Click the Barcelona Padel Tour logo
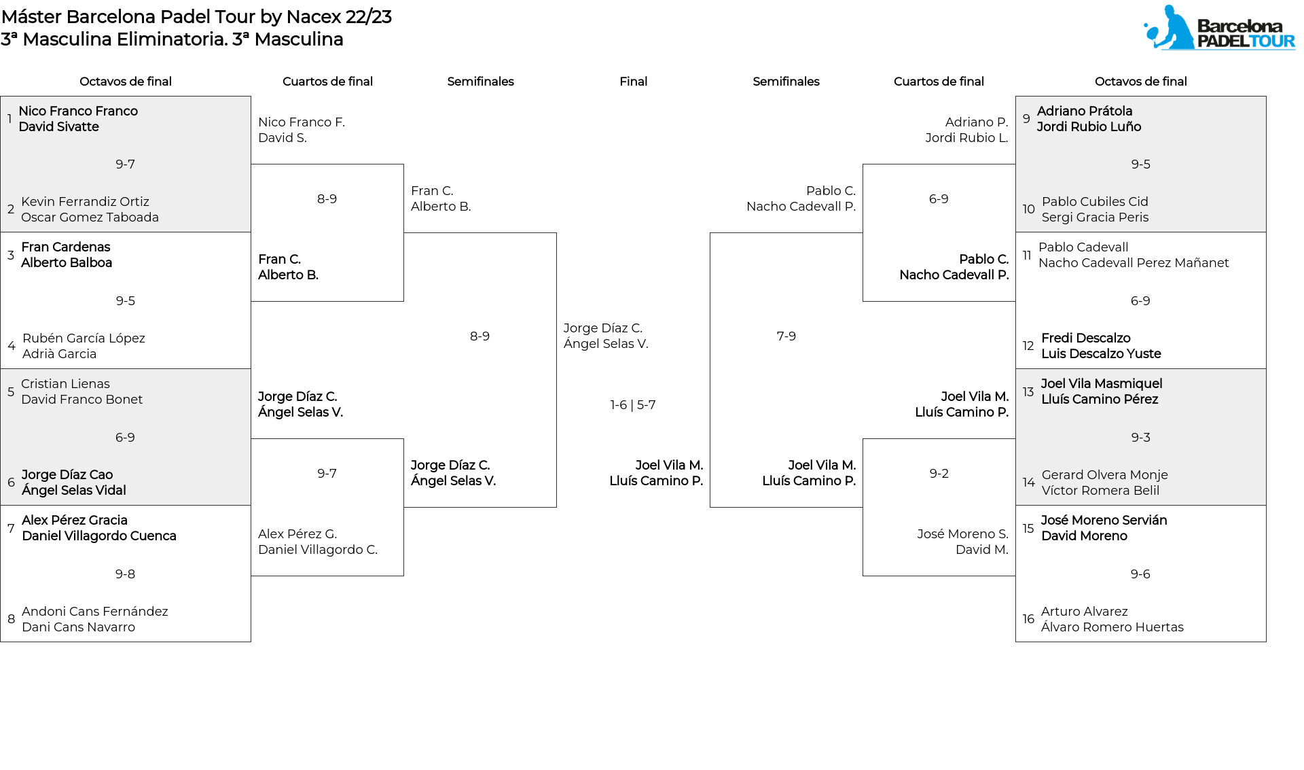point(1219,28)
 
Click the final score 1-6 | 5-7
point(633,405)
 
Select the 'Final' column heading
point(633,82)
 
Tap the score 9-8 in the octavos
point(125,574)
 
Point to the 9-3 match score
point(1141,438)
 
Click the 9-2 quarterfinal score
point(939,474)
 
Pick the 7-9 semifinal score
point(786,336)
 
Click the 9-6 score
point(1141,574)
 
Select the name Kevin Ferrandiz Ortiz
point(85,202)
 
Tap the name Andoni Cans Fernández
point(95,612)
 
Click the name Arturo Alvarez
point(1085,612)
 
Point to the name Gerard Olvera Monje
point(1105,475)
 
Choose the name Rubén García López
point(84,338)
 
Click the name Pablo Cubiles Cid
point(1095,202)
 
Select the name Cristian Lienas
point(65,384)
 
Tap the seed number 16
point(1029,619)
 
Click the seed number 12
point(1029,346)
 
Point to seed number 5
point(11,392)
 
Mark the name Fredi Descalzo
point(1086,338)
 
